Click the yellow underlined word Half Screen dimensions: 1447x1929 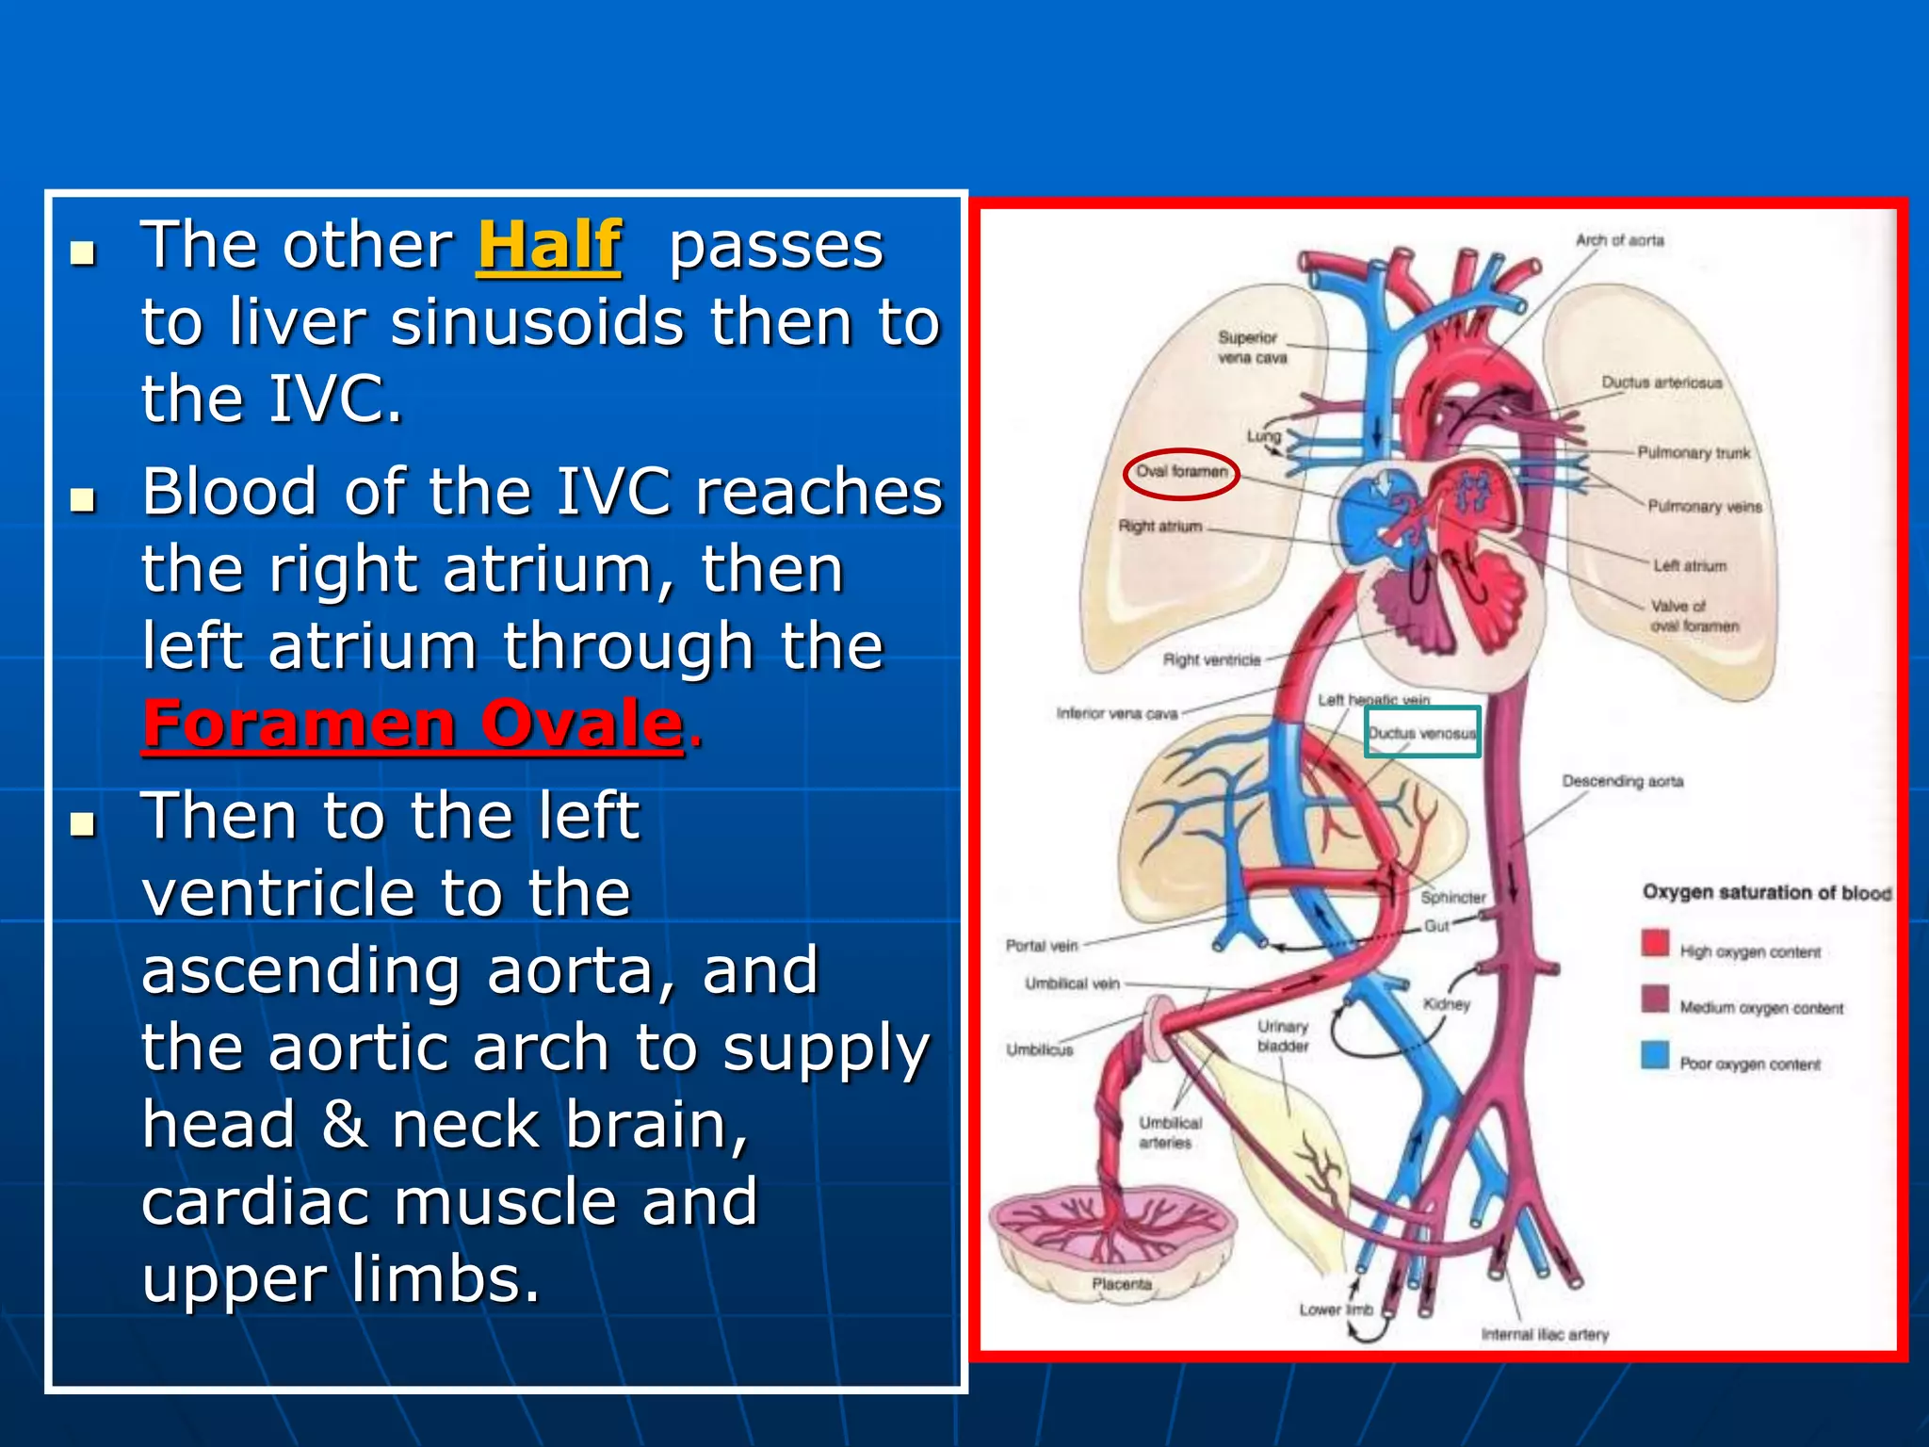pyautogui.click(x=549, y=246)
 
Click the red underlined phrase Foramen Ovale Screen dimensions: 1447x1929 pyautogui.click(x=413, y=723)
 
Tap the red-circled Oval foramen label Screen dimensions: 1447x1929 pyautogui.click(x=1181, y=472)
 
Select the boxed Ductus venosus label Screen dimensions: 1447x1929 pyautogui.click(x=1422, y=733)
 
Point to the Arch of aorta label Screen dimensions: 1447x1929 pyautogui.click(x=1619, y=241)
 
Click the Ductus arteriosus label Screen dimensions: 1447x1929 pyautogui.click(x=1662, y=382)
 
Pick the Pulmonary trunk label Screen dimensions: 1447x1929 pyautogui.click(x=1693, y=453)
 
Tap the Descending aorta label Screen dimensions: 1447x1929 pyautogui.click(x=1622, y=781)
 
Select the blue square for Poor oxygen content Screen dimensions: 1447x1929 pyautogui.click(x=1655, y=1055)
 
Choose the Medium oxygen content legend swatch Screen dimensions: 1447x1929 pyautogui.click(x=1655, y=1000)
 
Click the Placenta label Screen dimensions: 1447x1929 pyautogui.click(x=1121, y=1284)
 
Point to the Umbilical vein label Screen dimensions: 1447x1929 pyautogui.click(x=1072, y=984)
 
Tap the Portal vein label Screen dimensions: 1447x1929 pyautogui.click(x=1041, y=946)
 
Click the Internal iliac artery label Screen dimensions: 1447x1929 pyautogui.click(x=1545, y=1334)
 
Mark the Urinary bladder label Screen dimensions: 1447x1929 pyautogui.click(x=1283, y=1036)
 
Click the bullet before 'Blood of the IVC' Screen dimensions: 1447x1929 pyautogui.click(x=84, y=499)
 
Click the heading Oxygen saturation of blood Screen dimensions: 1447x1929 pyautogui.click(x=1766, y=892)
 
